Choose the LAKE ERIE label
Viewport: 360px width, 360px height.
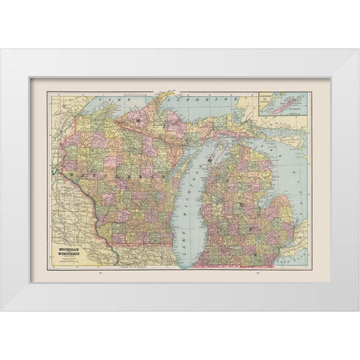296,259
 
